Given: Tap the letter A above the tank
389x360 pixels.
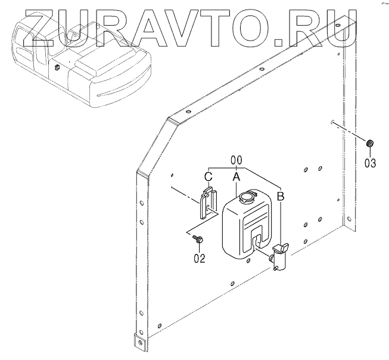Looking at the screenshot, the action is coord(236,176).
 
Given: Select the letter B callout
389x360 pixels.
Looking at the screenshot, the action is coord(281,195).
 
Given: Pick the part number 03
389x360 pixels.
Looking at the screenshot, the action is coord(371,162).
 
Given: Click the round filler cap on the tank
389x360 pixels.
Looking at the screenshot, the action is coord(245,196).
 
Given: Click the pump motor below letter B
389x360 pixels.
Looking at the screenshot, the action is coord(279,256).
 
